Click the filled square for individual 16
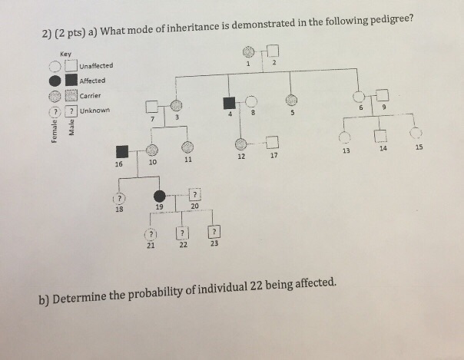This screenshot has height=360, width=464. click(121, 152)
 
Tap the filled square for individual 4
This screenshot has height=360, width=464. click(228, 104)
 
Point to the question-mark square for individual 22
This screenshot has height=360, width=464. click(182, 233)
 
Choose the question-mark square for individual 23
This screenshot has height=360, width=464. click(214, 231)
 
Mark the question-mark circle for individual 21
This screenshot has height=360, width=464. click(151, 233)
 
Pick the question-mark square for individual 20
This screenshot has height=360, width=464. click(194, 195)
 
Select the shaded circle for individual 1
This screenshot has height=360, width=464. click(248, 52)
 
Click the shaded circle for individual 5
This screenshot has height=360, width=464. click(291, 100)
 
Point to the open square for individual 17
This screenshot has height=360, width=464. click(273, 142)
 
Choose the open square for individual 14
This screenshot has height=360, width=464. click(379, 136)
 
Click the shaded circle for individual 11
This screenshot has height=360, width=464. click(187, 147)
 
